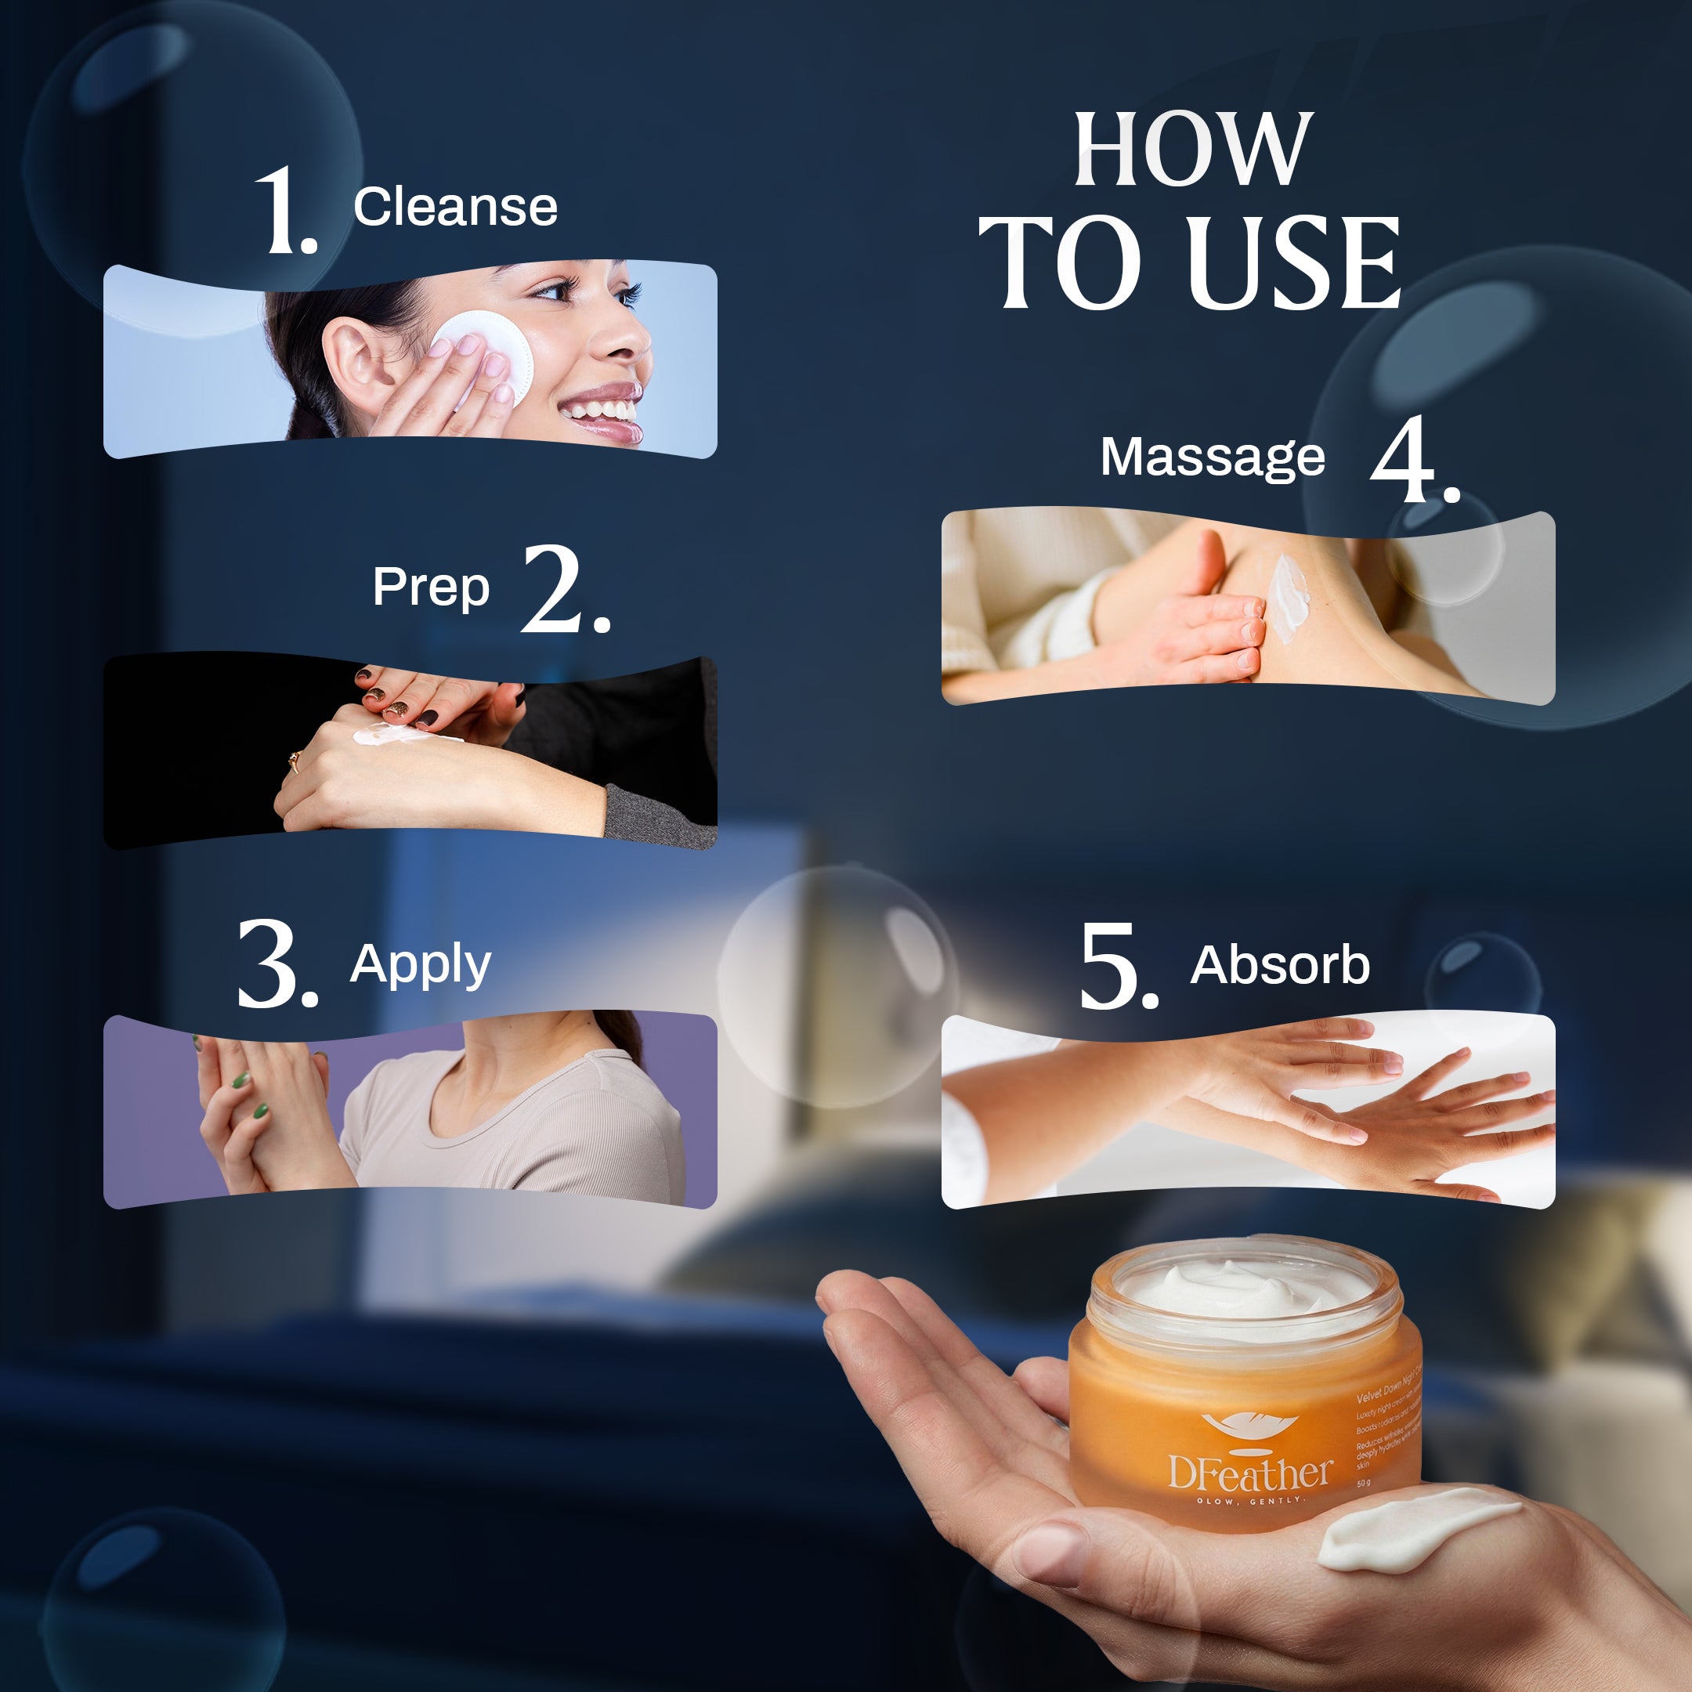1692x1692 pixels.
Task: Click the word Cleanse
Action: [454, 208]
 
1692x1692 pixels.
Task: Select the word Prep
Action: [430, 587]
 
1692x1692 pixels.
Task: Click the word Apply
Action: [421, 965]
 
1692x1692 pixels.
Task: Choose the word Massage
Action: [1212, 457]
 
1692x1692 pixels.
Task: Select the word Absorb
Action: [1279, 965]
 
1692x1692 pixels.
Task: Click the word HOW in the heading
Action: [1193, 150]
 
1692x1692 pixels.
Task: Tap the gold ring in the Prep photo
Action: [295, 760]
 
